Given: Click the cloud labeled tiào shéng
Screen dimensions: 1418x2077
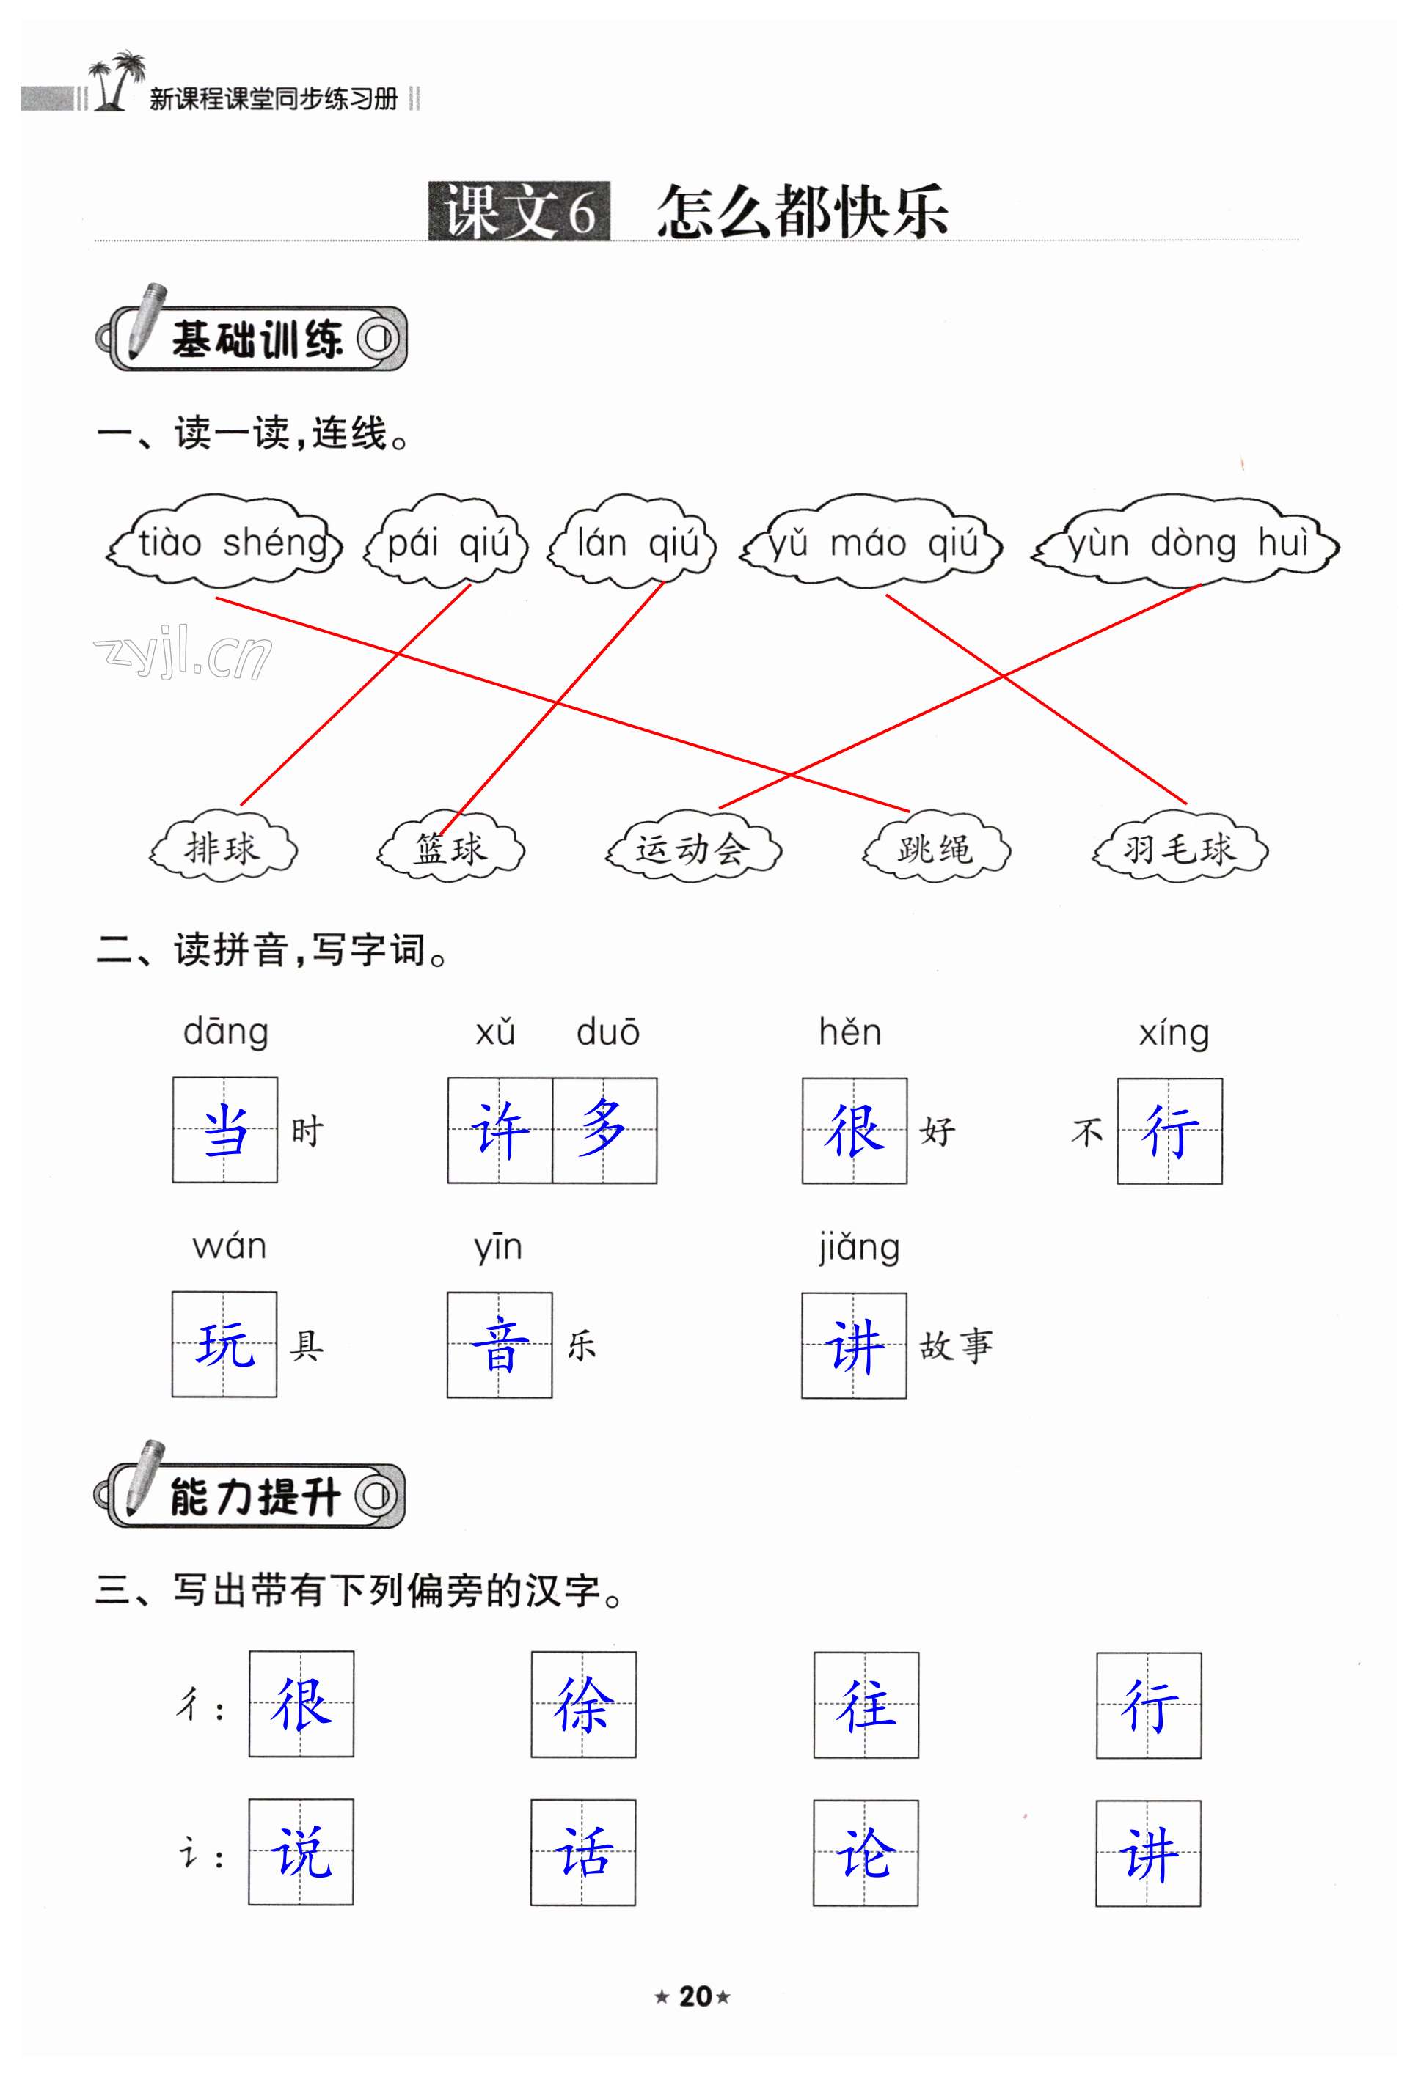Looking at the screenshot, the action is tap(225, 543).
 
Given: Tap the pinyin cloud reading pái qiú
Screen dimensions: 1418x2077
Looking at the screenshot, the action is tap(447, 543).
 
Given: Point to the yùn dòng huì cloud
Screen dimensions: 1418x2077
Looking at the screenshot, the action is tap(1186, 543).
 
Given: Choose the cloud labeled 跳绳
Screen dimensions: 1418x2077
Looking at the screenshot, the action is tap(935, 848).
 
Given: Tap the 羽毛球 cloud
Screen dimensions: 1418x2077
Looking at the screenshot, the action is tap(1180, 848).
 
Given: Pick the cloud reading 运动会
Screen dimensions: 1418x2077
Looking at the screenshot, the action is tap(693, 848).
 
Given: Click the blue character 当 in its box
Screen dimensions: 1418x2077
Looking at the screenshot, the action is tap(225, 1131).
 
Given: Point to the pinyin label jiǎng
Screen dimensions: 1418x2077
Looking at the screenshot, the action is tap(858, 1247).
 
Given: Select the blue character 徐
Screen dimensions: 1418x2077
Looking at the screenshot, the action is tap(583, 1705).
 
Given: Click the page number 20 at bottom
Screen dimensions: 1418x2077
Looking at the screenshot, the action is tap(695, 1996).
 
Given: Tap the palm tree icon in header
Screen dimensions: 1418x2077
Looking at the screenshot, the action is tap(115, 81).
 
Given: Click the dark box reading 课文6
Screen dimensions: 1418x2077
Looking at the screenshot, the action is tap(519, 212).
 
